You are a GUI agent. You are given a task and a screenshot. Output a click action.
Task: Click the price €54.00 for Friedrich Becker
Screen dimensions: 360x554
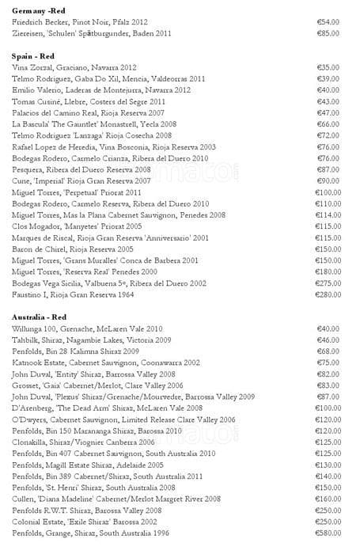328,22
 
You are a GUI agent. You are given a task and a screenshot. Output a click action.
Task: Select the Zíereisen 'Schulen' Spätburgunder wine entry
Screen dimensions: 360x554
92,34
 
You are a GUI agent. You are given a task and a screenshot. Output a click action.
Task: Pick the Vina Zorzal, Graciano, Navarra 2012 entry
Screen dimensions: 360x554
74,68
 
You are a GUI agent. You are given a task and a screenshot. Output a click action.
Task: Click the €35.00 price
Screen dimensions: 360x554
328,68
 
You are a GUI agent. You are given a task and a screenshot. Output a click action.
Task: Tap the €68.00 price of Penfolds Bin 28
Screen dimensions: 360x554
328,351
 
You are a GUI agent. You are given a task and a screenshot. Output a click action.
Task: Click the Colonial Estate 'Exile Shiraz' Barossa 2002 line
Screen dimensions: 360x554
90,522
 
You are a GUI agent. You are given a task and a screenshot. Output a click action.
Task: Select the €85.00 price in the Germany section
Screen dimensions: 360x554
328,34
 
